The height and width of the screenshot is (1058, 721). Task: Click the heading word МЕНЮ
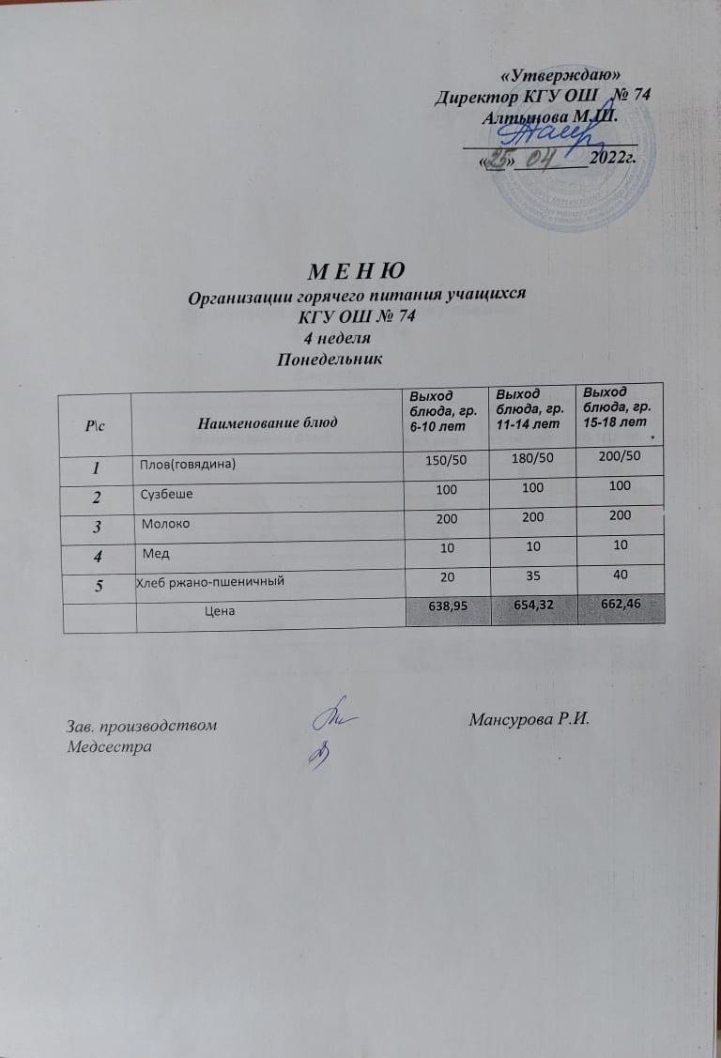[x=357, y=271]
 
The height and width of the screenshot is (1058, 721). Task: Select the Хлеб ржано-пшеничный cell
[x=211, y=583]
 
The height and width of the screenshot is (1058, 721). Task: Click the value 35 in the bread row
[x=533, y=577]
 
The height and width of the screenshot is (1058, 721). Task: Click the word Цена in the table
[x=220, y=611]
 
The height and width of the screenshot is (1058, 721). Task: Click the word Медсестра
[x=109, y=746]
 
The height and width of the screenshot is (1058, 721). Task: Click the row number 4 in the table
[x=96, y=554]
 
